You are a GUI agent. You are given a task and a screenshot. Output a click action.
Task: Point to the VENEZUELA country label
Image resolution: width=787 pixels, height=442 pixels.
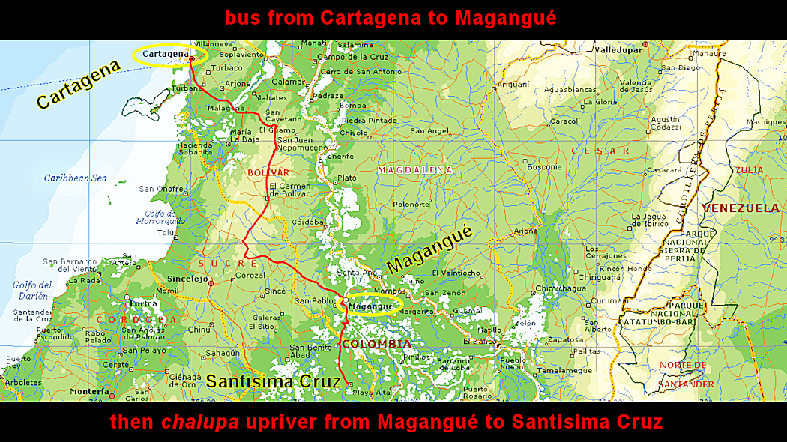pos(741,208)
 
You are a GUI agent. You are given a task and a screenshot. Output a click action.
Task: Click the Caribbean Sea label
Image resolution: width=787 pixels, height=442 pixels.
pos(75,178)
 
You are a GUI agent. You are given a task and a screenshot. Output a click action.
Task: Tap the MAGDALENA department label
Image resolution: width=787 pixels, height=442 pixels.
pos(414,170)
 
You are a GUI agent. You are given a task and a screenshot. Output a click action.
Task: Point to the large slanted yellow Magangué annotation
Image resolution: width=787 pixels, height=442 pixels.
pos(430,251)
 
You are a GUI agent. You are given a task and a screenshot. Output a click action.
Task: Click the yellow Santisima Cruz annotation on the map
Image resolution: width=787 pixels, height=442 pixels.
pos(274,381)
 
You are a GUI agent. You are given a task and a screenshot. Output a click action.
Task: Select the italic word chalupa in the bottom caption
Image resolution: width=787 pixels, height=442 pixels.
pos(200,422)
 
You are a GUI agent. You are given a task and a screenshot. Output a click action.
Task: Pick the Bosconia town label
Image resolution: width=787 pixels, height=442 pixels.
pos(544,166)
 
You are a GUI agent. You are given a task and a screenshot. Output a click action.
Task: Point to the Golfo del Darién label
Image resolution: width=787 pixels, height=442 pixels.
pos(32,290)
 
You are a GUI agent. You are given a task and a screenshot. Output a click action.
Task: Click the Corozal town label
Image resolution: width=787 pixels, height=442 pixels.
pos(250,276)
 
